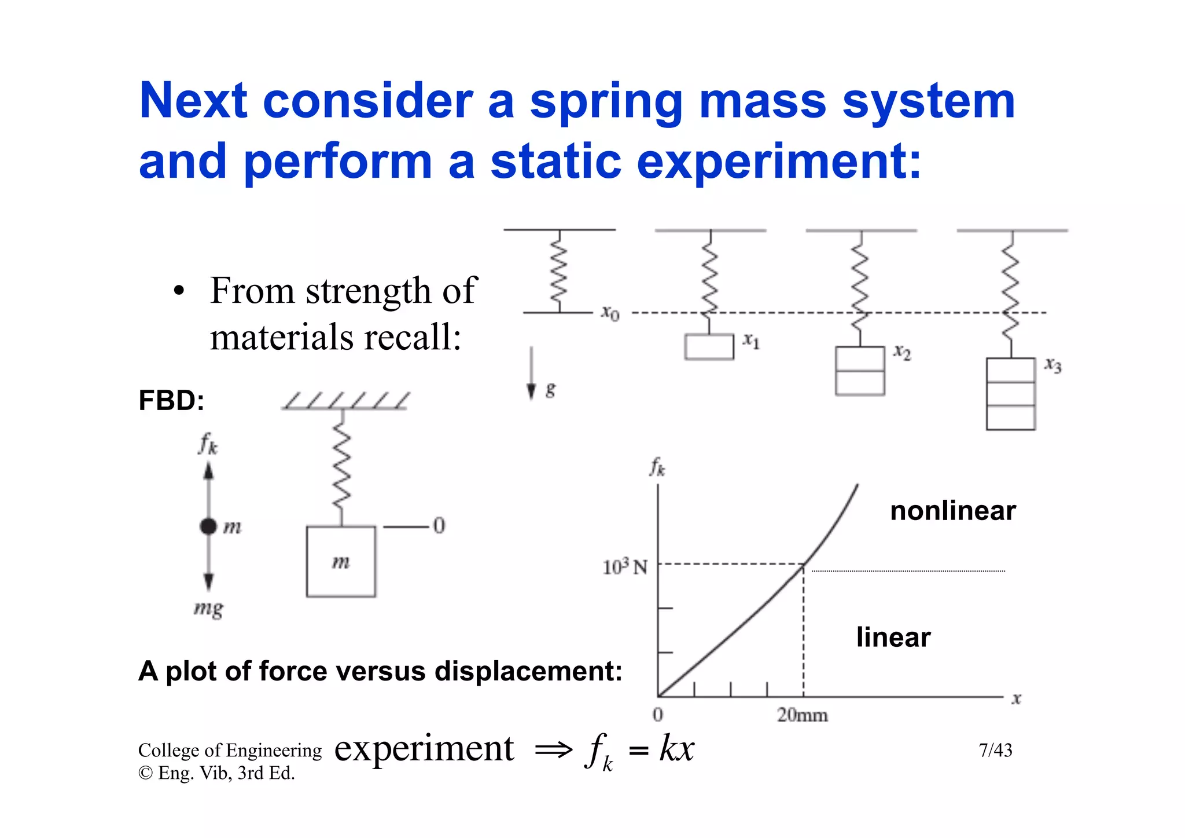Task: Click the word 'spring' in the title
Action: click(x=606, y=103)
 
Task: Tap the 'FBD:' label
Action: click(x=171, y=401)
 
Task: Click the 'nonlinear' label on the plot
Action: click(x=952, y=511)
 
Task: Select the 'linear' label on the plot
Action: click(x=893, y=637)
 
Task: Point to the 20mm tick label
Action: click(x=802, y=716)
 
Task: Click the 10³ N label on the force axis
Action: click(x=625, y=566)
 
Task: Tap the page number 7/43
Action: click(x=995, y=751)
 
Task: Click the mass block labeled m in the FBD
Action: click(x=341, y=561)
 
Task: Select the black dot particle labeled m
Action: click(x=208, y=526)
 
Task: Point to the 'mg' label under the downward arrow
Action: click(x=208, y=609)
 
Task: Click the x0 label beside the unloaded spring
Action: click(x=610, y=313)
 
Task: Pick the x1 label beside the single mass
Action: click(x=751, y=341)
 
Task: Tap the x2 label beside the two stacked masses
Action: click(x=902, y=352)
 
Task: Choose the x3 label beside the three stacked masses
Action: click(x=1053, y=365)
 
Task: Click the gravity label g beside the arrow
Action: click(x=550, y=389)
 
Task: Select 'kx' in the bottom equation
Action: click(x=677, y=748)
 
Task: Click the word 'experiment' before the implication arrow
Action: click(x=424, y=748)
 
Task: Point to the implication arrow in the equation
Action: click(x=554, y=751)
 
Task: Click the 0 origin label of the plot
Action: click(x=658, y=715)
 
